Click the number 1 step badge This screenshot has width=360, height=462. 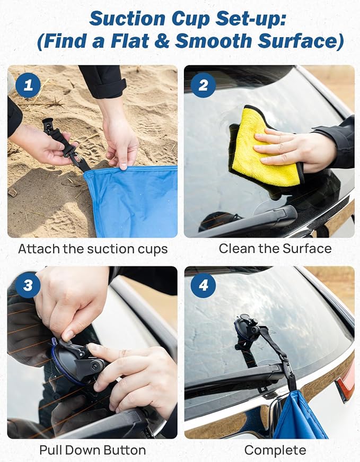click(x=28, y=85)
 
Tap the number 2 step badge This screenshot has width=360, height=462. click(x=203, y=85)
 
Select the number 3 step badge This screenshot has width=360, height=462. click(x=28, y=285)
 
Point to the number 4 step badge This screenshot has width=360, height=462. click(x=203, y=285)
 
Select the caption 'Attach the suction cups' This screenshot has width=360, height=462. click(x=93, y=249)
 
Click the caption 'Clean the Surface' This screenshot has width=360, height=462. click(x=275, y=248)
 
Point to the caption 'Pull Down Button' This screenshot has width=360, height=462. click(x=92, y=450)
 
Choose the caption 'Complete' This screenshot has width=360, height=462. click(x=275, y=450)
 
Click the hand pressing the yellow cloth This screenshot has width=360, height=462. click(x=295, y=150)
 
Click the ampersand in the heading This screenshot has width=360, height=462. click(x=161, y=41)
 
